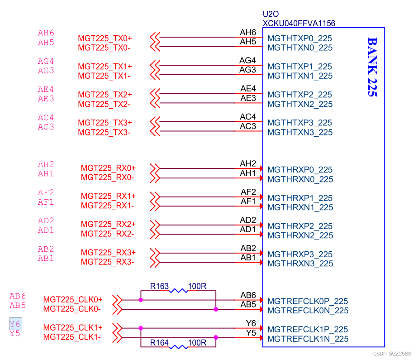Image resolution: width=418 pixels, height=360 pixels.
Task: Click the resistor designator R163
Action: click(x=159, y=286)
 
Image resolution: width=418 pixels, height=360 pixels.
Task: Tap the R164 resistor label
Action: click(x=159, y=343)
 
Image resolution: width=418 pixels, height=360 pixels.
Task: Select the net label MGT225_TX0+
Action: click(x=105, y=38)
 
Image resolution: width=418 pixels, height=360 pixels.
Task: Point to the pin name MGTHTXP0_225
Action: click(x=299, y=38)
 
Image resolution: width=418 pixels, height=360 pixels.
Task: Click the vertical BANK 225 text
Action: click(x=371, y=67)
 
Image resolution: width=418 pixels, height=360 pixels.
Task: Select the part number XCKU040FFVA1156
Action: click(x=299, y=23)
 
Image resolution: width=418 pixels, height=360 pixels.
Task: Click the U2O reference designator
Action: click(x=271, y=14)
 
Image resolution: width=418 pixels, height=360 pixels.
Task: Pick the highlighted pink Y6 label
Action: click(x=15, y=324)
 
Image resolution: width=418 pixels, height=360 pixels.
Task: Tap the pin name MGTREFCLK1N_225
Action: click(x=308, y=339)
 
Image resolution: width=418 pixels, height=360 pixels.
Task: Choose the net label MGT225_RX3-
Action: click(x=107, y=262)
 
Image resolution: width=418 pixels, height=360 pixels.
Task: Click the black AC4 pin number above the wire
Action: click(x=248, y=117)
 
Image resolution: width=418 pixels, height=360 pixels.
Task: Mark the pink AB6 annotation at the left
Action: click(x=18, y=296)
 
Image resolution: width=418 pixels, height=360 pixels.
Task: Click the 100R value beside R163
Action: click(x=197, y=286)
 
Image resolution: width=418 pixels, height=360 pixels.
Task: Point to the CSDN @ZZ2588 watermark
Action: click(x=391, y=353)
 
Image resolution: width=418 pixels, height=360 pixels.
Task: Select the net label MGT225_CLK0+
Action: click(x=73, y=300)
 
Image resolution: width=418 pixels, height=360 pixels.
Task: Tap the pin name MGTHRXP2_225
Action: click(x=300, y=226)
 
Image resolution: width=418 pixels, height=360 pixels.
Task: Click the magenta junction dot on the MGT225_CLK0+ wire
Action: click(x=141, y=300)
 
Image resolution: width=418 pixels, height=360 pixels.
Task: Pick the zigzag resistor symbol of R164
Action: click(x=178, y=347)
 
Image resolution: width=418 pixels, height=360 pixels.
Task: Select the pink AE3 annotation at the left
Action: click(x=46, y=99)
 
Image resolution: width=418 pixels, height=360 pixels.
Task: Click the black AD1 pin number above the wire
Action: click(x=248, y=229)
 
